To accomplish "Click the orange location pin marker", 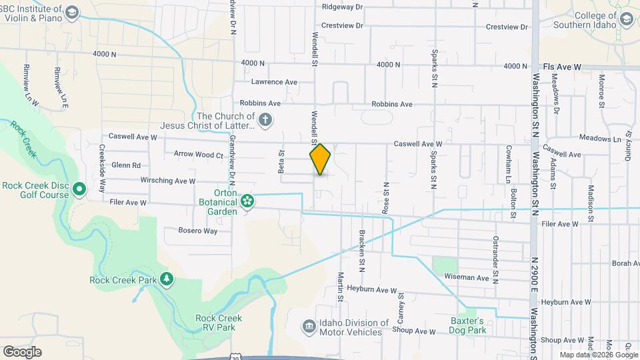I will [x=321, y=159].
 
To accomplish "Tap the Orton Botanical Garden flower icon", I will [x=247, y=200].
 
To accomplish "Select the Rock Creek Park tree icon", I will [x=166, y=279].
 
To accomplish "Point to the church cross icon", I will [x=265, y=120].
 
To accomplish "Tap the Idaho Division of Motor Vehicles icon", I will [x=309, y=326].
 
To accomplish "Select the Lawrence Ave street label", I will [x=274, y=82].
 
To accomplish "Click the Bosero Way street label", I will [x=198, y=231].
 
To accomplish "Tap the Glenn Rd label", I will [x=126, y=165].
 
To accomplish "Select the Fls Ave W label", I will [x=562, y=67].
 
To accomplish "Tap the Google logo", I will [x=22, y=352].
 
